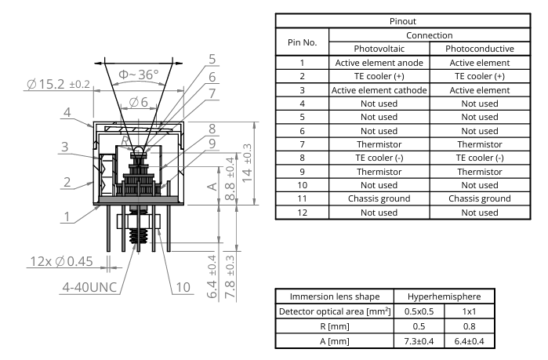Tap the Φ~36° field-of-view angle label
tap(138, 75)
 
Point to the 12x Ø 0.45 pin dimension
tap(48, 261)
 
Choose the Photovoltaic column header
tap(379, 49)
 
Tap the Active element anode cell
tap(379, 62)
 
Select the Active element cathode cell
tap(379, 90)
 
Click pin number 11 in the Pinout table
tap(302, 198)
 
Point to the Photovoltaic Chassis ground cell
tap(379, 198)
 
